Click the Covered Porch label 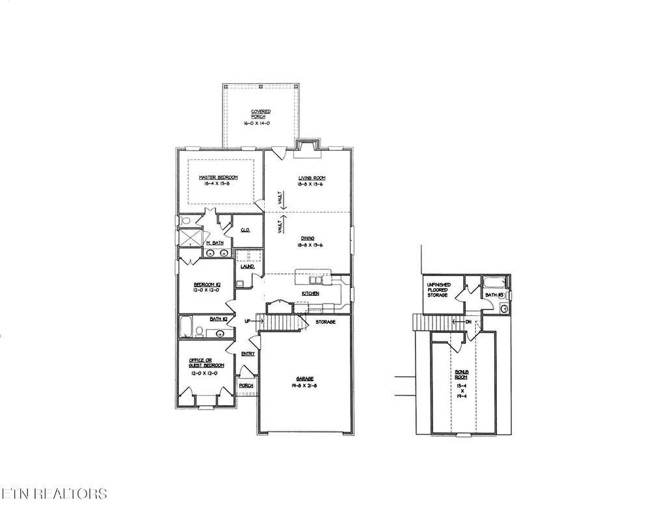pyautogui.click(x=261, y=114)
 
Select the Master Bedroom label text pyautogui.click(x=218, y=178)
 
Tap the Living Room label pyautogui.click(x=312, y=178)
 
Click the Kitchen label pyautogui.click(x=310, y=294)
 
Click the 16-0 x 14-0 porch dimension pyautogui.click(x=261, y=122)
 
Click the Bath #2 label pyautogui.click(x=218, y=319)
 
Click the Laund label pyautogui.click(x=247, y=267)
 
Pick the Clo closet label pyautogui.click(x=245, y=230)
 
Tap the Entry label pyautogui.click(x=248, y=354)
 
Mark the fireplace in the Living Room pyautogui.click(x=306, y=148)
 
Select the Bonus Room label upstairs pyautogui.click(x=461, y=375)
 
